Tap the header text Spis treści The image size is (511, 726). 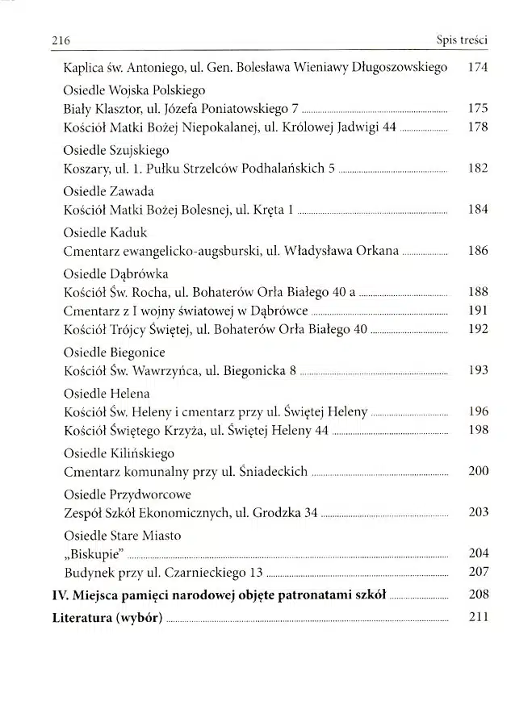pos(462,39)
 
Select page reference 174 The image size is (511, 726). pos(478,68)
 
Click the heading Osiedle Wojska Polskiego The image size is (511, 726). pos(134,90)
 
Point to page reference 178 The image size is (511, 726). pos(478,127)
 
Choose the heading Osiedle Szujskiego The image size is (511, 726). pos(115,150)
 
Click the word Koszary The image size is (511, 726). pos(86,169)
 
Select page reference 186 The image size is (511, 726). pos(478,251)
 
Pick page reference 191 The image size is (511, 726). pos(478,311)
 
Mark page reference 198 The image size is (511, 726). pos(478,430)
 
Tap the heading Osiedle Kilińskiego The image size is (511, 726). pos(118,453)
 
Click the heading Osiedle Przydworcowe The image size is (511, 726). pos(127,494)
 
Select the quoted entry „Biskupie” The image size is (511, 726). pos(94,554)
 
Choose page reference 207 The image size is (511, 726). pos(478,572)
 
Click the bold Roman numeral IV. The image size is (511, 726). pos(59,595)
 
